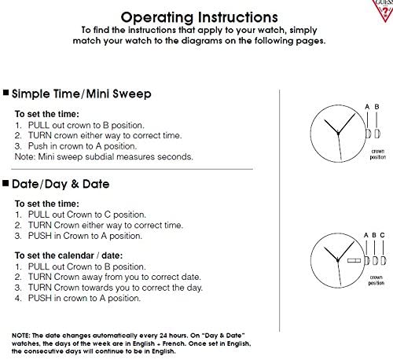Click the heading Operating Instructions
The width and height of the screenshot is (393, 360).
coord(199,17)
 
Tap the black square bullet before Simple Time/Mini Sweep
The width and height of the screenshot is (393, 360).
coord(6,92)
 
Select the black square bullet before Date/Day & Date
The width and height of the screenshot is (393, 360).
coord(6,183)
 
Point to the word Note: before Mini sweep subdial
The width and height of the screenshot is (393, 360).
coord(25,156)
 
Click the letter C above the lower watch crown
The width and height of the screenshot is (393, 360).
coord(382,235)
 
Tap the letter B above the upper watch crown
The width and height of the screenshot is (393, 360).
coord(376,107)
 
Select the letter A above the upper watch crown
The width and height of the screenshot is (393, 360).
coord(367,107)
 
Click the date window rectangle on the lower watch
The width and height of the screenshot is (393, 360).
coord(354,260)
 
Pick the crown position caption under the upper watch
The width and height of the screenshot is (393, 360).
coord(378,154)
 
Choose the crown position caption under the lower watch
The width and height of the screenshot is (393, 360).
coord(376,280)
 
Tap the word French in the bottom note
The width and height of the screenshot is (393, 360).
coord(173,343)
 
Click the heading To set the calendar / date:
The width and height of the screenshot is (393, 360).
coord(68,255)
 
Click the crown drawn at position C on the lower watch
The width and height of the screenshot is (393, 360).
coord(383,260)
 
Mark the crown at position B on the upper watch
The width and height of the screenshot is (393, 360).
coord(377,134)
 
